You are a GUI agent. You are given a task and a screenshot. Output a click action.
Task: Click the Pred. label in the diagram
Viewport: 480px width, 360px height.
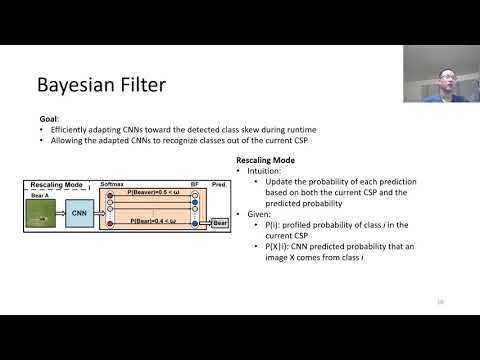point(222,185)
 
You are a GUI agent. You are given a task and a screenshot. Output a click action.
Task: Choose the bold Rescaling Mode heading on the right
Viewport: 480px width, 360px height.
point(265,161)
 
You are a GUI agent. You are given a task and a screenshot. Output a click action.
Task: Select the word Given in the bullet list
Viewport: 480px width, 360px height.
point(257,214)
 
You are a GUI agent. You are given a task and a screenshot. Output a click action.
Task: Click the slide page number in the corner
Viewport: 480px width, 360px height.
point(440,302)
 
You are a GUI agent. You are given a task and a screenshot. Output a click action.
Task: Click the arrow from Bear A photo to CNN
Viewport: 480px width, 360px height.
point(60,212)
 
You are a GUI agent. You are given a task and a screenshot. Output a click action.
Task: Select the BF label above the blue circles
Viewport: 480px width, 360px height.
point(194,185)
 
